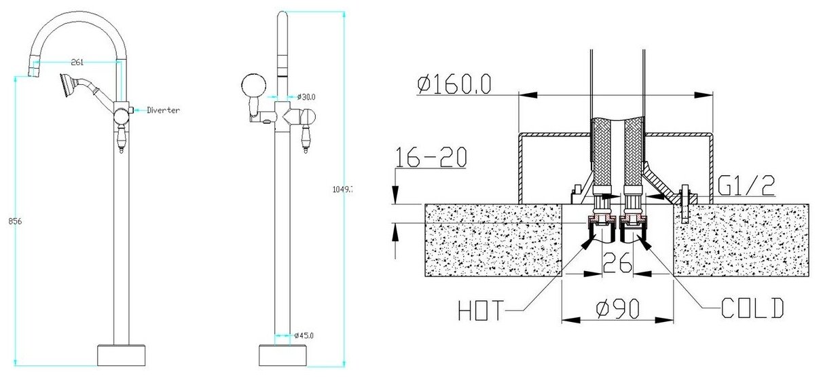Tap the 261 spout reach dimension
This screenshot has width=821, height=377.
[77, 62]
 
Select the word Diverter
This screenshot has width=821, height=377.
[164, 109]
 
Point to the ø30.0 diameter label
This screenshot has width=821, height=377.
[305, 97]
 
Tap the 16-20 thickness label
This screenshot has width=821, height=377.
[433, 158]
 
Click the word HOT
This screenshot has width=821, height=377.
[481, 312]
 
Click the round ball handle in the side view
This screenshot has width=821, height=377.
[251, 88]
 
